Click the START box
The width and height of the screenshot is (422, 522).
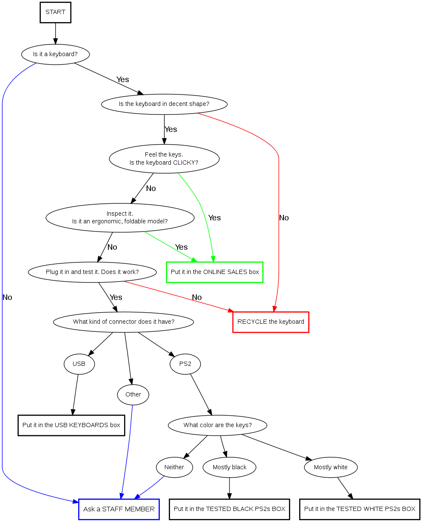(x=55, y=12)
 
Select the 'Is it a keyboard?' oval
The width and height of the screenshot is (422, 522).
(x=55, y=54)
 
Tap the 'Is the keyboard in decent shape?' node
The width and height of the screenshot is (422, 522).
(x=164, y=104)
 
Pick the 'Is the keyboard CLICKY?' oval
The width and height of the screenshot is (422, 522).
(x=164, y=159)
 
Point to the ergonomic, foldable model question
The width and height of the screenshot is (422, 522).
(x=120, y=217)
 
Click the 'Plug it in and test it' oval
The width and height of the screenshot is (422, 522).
(x=92, y=272)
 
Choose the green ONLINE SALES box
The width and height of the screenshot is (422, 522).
(x=215, y=272)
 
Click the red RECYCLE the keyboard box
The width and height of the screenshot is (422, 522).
(x=271, y=322)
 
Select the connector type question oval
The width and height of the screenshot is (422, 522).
(x=123, y=322)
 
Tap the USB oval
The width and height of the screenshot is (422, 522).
(x=79, y=364)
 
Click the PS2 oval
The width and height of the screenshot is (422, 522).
(x=185, y=364)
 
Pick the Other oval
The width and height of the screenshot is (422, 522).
(x=133, y=395)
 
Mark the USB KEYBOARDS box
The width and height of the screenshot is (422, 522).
(x=71, y=425)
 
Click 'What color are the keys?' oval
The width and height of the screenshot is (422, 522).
(x=218, y=425)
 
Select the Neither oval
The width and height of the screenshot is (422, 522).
(x=174, y=468)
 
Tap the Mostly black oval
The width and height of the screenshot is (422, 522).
(x=229, y=468)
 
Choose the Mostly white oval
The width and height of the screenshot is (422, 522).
(x=331, y=468)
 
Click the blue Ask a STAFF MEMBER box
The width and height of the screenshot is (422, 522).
(x=119, y=509)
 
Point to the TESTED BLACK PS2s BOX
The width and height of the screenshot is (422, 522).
(x=229, y=509)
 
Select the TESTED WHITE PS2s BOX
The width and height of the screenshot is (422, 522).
(x=360, y=509)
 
